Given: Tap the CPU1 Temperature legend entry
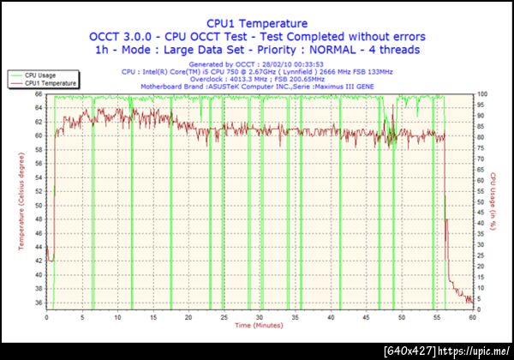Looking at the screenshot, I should click(50, 84).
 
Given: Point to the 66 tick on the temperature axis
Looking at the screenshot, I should click(39, 94).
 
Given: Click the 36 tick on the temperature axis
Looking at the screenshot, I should click(39, 303).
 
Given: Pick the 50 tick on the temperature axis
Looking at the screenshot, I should click(39, 206).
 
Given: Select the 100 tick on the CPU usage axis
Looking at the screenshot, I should click(481, 94).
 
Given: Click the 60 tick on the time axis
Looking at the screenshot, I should click(472, 317).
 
